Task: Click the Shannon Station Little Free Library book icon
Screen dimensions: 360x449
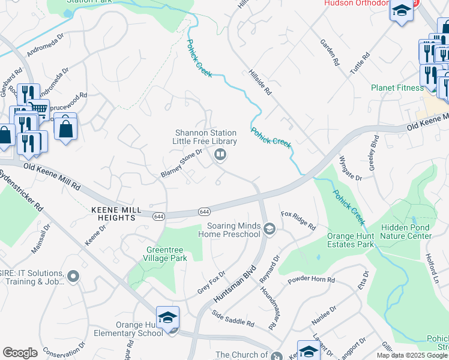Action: click(x=220, y=156)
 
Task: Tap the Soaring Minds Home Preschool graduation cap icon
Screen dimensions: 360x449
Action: click(x=270, y=228)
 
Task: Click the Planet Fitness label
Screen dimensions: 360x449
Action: click(x=397, y=88)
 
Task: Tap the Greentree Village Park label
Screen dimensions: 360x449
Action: click(x=167, y=254)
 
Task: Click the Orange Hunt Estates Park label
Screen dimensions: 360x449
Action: click(x=351, y=240)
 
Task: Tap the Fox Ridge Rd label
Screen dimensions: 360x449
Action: click(x=298, y=220)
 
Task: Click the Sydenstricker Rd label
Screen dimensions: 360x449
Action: click(x=21, y=189)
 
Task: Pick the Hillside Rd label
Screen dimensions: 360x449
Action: click(x=260, y=83)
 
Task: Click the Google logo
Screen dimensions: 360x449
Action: click(x=20, y=353)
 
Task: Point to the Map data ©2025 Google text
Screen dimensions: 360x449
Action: click(x=411, y=355)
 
